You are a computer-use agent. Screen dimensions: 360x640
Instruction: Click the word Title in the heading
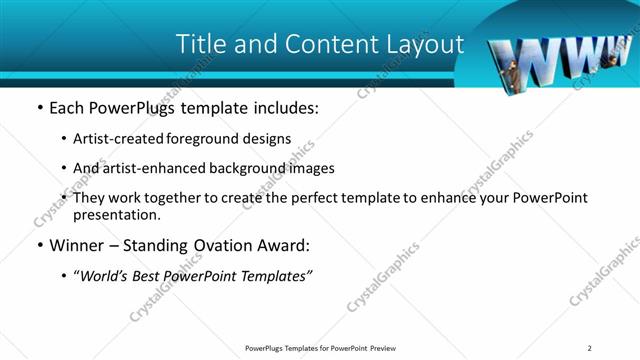coord(201,45)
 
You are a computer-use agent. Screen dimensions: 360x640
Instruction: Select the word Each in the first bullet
coord(68,106)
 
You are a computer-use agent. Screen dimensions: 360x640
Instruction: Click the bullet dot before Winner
coord(39,246)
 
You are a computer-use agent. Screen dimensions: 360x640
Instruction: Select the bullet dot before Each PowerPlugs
coord(39,106)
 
